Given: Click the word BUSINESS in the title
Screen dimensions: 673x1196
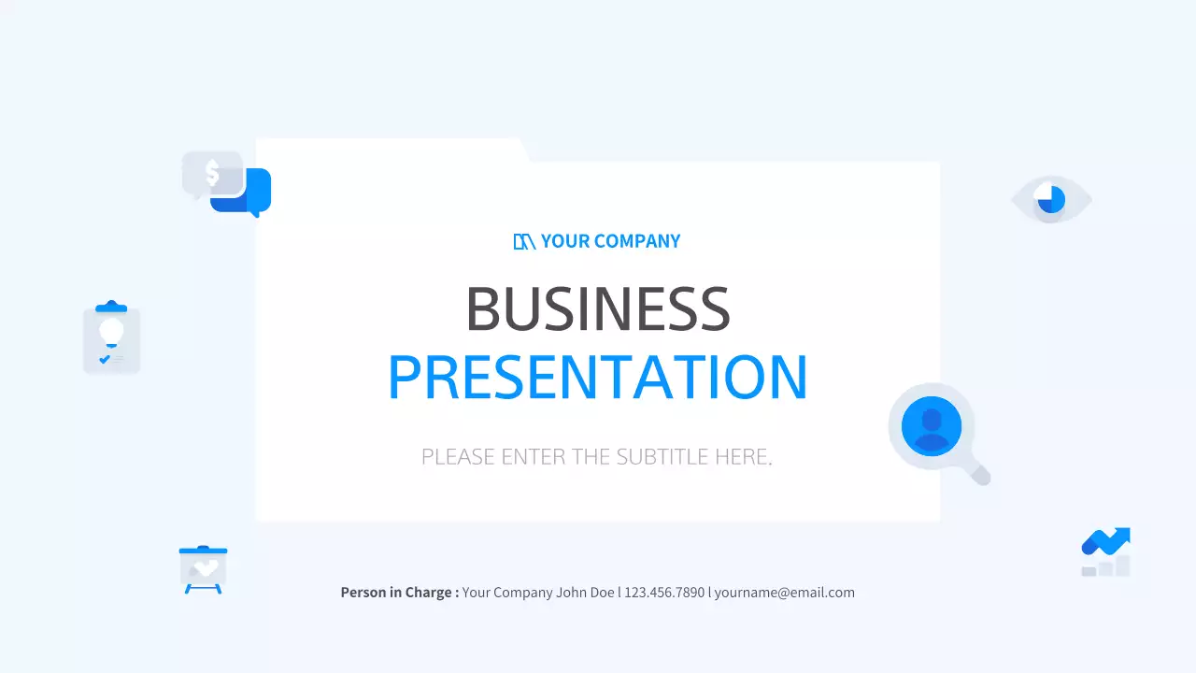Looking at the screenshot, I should click(x=598, y=308).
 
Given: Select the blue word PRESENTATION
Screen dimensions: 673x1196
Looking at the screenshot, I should click(x=598, y=378).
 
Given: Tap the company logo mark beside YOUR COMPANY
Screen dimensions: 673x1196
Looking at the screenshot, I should click(x=524, y=241).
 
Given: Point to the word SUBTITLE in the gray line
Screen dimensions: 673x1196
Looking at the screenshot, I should click(x=662, y=457).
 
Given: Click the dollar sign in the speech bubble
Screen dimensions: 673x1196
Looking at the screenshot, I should click(x=212, y=173).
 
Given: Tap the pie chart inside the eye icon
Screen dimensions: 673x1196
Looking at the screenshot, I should click(x=1050, y=199).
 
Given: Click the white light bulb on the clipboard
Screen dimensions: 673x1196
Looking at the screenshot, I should click(x=111, y=332).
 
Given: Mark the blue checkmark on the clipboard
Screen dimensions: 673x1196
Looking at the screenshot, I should click(x=104, y=359).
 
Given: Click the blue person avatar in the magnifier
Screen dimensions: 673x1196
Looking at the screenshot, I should click(x=931, y=426).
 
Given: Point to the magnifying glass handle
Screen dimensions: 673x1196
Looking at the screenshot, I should click(x=977, y=474).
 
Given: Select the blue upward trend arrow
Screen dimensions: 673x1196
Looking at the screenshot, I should click(x=1108, y=540).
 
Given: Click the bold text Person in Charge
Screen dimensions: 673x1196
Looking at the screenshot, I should click(x=399, y=593).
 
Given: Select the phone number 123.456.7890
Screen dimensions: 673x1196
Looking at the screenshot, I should click(x=664, y=593).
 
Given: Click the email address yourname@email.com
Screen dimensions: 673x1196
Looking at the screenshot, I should click(x=784, y=593).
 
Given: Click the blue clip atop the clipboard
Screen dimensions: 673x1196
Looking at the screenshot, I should click(x=111, y=307).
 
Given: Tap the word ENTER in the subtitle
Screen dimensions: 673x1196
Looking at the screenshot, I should click(x=534, y=457).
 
